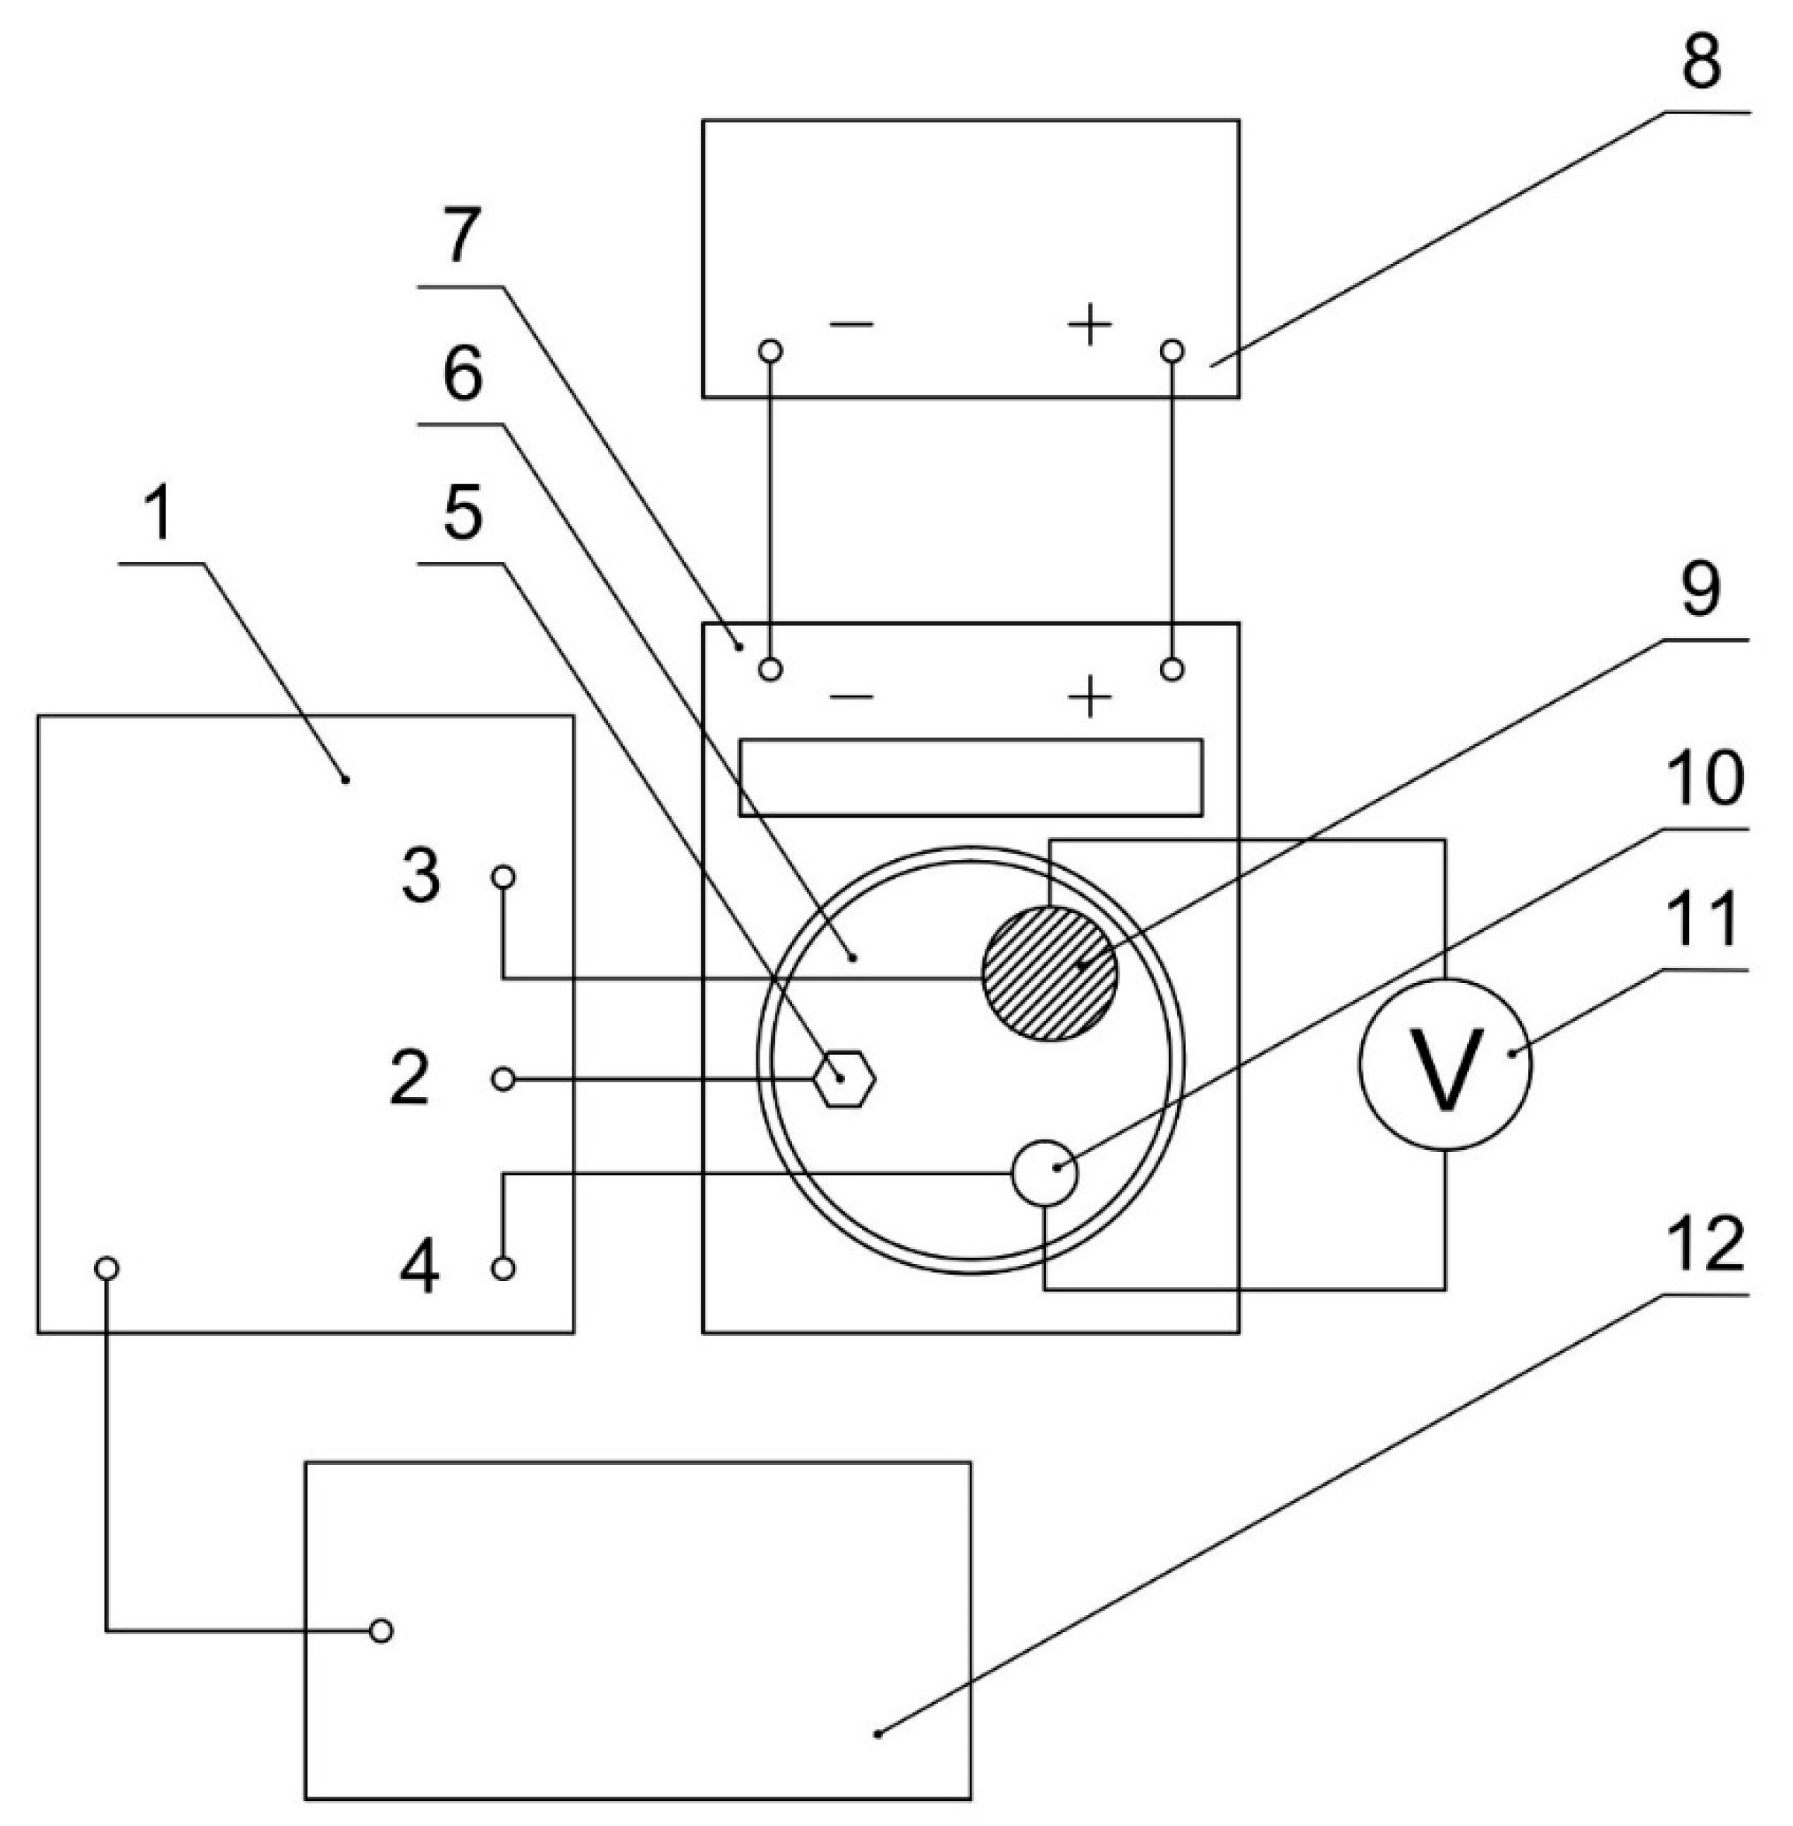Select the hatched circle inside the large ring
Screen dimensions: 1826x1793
click(1049, 973)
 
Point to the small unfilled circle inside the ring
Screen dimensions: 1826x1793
click(1044, 1172)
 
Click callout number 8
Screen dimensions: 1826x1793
click(1701, 62)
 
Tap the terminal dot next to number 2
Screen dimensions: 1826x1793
click(504, 1079)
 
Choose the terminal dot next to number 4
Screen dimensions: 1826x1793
click(504, 1269)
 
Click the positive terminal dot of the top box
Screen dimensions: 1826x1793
click(1173, 351)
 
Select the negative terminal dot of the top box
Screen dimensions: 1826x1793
click(770, 351)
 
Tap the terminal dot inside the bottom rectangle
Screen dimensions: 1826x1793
click(380, 1631)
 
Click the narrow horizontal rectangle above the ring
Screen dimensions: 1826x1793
click(970, 777)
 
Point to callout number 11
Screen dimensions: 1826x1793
click(1706, 920)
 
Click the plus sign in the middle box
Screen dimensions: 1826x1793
click(1089, 698)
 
